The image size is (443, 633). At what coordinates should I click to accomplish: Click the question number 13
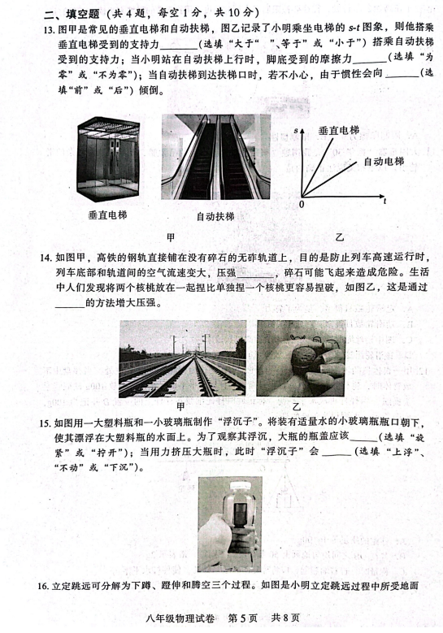(x=51, y=28)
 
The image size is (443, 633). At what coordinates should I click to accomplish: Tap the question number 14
(x=47, y=257)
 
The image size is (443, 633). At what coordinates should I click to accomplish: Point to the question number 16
(x=44, y=586)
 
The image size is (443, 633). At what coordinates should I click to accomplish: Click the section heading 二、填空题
(x=72, y=14)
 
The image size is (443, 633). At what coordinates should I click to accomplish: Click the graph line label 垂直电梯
(x=339, y=130)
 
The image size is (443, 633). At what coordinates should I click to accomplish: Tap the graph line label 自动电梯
(x=384, y=162)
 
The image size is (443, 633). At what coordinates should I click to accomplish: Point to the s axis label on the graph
(x=296, y=130)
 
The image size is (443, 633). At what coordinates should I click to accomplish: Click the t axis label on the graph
(x=385, y=201)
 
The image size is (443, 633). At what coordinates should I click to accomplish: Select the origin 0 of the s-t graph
(x=302, y=204)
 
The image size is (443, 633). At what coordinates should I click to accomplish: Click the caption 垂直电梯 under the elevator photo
(x=107, y=215)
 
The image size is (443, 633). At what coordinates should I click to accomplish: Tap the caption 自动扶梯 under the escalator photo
(x=215, y=216)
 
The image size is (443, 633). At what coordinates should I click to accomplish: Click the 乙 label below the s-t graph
(x=340, y=237)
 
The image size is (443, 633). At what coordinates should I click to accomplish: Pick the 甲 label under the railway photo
(x=180, y=405)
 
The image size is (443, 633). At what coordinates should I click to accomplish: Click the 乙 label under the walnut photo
(x=297, y=406)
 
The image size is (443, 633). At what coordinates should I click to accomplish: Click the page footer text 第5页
(x=243, y=618)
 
